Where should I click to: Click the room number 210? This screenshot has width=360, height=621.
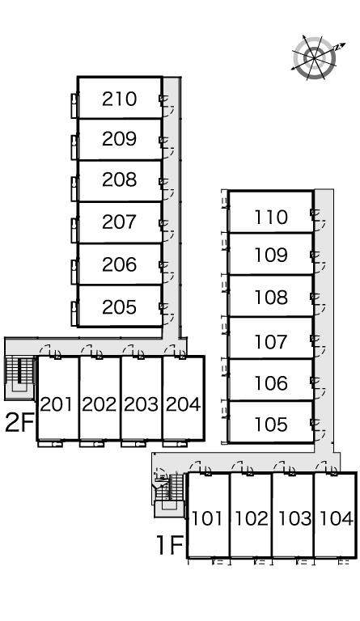(119, 99)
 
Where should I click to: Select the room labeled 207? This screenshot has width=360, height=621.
(119, 222)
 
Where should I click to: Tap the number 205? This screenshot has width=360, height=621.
(119, 307)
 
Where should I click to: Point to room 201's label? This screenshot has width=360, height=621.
(57, 404)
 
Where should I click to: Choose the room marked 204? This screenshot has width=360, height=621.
(183, 404)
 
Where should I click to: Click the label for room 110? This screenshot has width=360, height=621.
(271, 217)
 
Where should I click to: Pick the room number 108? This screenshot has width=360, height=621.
(271, 298)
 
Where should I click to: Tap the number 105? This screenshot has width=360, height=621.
(271, 425)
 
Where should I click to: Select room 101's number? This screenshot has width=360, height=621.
(207, 518)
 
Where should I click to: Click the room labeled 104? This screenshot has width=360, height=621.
(337, 518)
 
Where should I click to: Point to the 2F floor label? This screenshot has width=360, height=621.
(19, 423)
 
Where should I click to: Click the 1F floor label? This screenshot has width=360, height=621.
(170, 545)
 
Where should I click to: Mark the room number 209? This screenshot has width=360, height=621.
(119, 138)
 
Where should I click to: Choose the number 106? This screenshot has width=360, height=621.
(271, 383)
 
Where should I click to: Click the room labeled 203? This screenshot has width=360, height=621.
(141, 404)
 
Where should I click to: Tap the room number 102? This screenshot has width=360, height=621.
(252, 518)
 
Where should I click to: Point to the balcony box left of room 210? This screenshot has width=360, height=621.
(74, 105)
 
